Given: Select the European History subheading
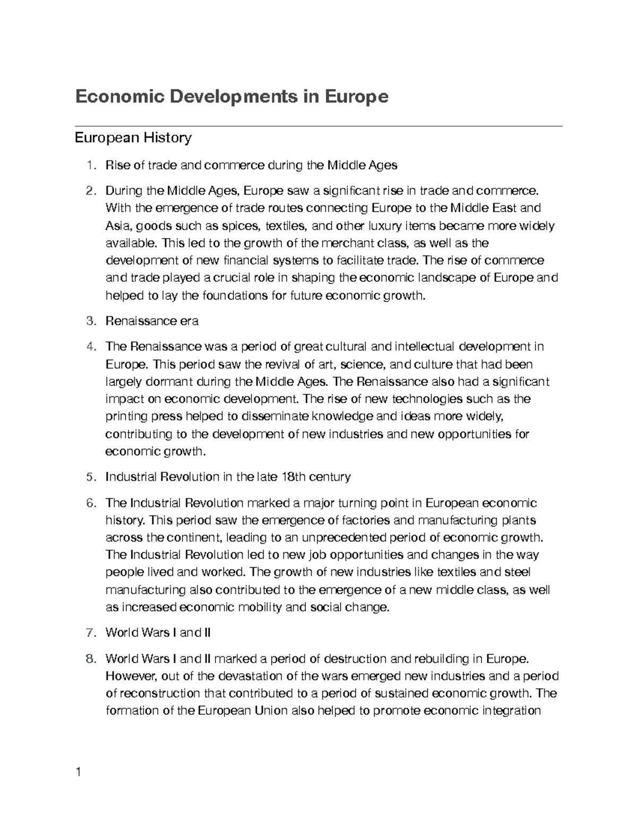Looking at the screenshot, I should (x=133, y=138).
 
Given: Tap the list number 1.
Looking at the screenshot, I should (x=91, y=165).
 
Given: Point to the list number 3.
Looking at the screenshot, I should (x=91, y=321).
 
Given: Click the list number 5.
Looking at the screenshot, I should (x=91, y=477).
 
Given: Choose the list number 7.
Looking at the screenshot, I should (x=91, y=632).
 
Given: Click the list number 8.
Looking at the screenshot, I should (x=91, y=659).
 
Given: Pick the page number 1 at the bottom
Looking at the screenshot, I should (x=79, y=772).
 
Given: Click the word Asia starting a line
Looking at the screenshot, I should (x=116, y=226).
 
